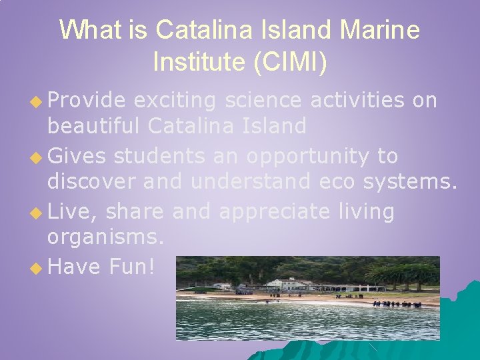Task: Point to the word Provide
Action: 87,101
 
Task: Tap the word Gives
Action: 77,156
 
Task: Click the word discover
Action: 90,180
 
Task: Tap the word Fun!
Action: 132,267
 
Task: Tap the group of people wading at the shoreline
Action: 397,304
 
